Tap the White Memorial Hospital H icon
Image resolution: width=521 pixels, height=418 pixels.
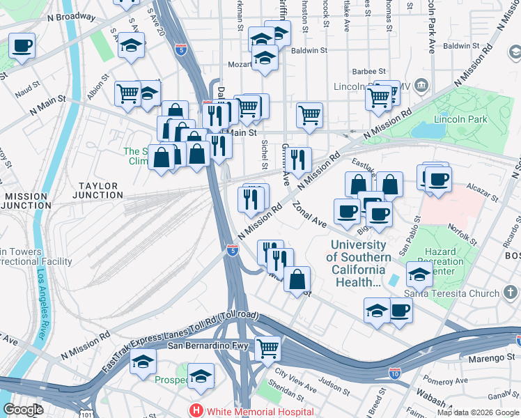(197, 411)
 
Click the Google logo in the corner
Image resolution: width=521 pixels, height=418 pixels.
(23, 410)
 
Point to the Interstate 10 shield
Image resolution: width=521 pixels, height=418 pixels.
(395, 374)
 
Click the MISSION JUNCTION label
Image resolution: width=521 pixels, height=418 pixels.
(25, 201)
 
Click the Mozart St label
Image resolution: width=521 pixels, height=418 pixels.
(239, 64)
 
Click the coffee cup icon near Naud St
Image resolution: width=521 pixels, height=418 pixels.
(22, 47)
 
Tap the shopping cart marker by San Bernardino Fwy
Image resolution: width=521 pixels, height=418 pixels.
(268, 348)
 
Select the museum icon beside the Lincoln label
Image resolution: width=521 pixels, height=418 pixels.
(422, 86)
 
